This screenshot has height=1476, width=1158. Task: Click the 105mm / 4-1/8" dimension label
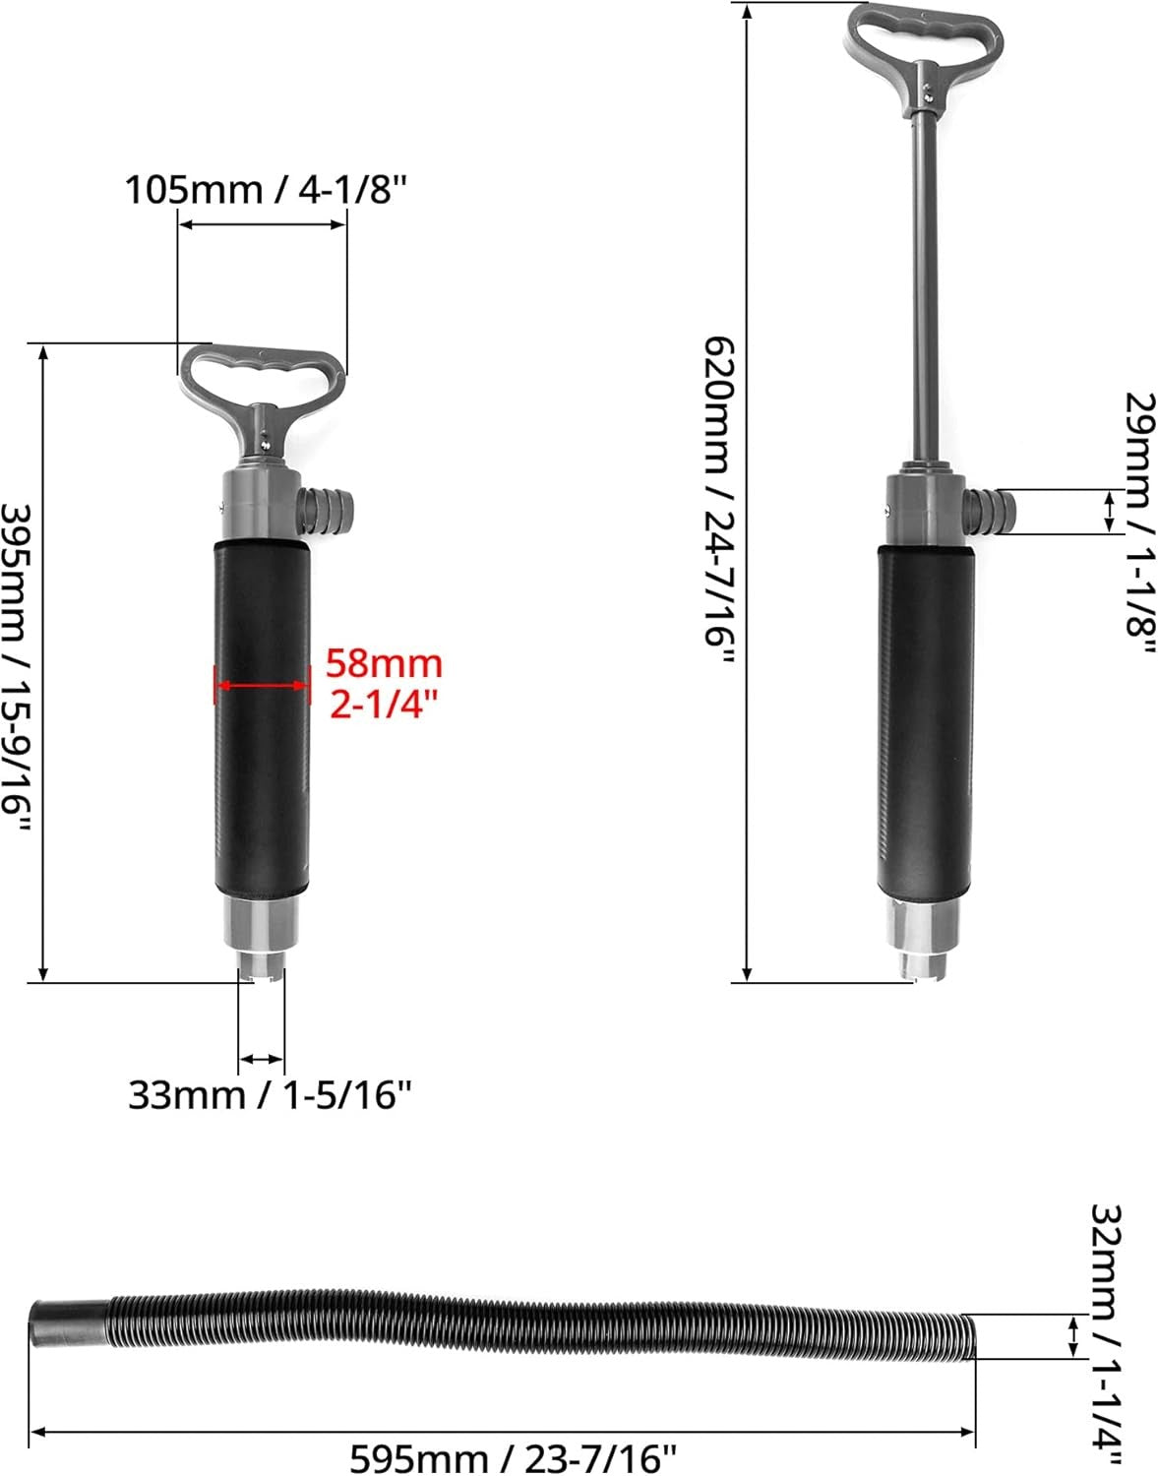pos(265,189)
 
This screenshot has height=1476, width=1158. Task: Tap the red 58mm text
pos(384,664)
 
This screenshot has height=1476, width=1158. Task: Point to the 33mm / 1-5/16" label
pos(269,1094)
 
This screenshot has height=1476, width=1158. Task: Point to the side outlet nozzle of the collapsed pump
pos(331,509)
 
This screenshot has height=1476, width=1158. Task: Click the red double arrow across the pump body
pos(262,685)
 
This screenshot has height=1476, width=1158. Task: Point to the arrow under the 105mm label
pos(262,225)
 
